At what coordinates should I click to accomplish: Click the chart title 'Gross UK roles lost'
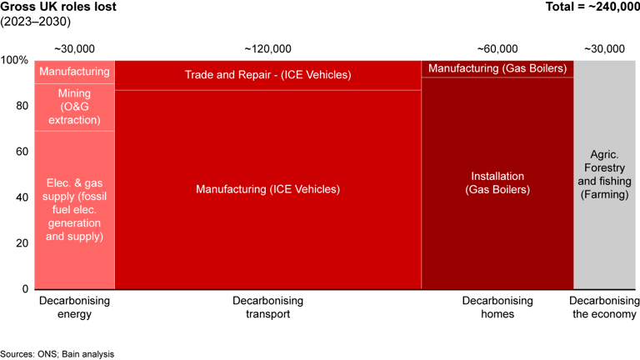(x=58, y=8)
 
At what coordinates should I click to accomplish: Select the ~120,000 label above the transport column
(x=267, y=49)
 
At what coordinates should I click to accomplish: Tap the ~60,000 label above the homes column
(x=497, y=49)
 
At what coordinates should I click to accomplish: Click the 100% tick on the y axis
(x=14, y=61)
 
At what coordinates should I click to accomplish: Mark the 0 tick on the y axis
(x=25, y=288)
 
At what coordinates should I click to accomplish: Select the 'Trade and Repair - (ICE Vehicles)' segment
(x=267, y=75)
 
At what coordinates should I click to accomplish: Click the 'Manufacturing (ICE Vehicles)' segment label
(x=267, y=189)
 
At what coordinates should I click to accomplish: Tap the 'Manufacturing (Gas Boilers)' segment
(x=497, y=68)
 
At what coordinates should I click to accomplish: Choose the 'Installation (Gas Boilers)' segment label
(x=497, y=182)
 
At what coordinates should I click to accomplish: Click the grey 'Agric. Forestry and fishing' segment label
(x=607, y=175)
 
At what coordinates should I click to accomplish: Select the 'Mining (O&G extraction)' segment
(x=74, y=107)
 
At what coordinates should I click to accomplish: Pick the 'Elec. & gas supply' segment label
(x=74, y=208)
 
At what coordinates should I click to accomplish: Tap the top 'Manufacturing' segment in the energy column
(x=74, y=72)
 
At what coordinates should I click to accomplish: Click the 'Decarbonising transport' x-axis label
(x=267, y=307)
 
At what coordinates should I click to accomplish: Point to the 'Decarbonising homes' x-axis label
(x=497, y=307)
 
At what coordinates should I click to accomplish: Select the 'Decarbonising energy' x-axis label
(x=74, y=307)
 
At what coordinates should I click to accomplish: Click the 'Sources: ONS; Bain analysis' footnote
(x=57, y=353)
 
